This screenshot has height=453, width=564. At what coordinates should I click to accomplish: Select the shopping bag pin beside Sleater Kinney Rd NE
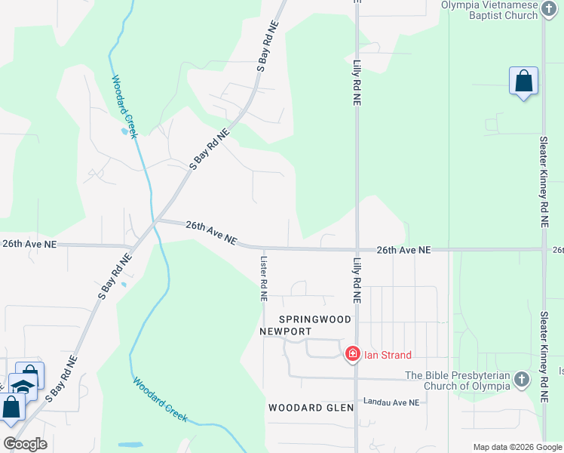524,81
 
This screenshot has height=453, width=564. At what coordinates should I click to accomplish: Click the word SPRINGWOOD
315,319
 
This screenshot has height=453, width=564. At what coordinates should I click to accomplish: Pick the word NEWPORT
285,331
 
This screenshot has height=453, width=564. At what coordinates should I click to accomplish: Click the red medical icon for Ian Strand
352,353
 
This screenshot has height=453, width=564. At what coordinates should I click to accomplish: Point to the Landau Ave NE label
391,402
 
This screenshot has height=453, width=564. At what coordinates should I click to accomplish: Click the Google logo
25,443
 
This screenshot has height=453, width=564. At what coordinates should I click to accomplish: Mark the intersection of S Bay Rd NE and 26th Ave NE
156,221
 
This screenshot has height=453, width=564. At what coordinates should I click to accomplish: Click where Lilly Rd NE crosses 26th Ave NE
357,249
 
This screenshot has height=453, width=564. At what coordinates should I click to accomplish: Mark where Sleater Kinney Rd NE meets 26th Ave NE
544,249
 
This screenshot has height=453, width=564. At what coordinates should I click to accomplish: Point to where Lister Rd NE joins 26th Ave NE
264,248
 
